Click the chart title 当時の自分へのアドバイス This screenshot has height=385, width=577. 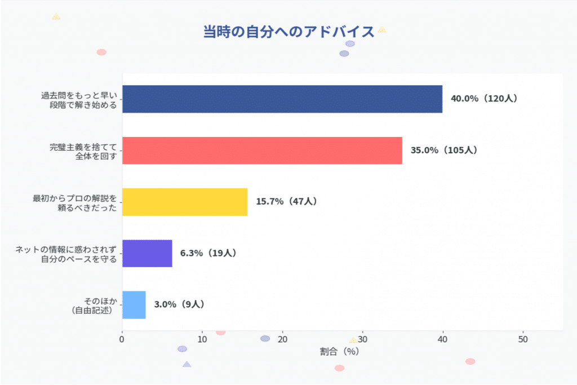click(288, 32)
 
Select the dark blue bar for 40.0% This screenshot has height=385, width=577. click(282, 99)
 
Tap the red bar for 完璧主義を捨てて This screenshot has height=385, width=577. click(262, 151)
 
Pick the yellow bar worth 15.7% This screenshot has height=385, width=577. click(185, 202)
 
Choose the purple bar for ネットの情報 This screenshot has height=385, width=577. click(147, 253)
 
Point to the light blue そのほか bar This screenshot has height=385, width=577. click(134, 304)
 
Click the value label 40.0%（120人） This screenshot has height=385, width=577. click(483, 99)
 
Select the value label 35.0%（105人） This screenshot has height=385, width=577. click(443, 151)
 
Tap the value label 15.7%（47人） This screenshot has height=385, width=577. click(286, 202)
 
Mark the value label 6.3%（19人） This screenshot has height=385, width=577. click(208, 253)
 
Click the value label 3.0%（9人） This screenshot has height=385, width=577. click(179, 304)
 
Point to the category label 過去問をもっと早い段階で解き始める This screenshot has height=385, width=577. click(79, 99)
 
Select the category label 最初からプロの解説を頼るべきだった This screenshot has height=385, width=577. click(75, 202)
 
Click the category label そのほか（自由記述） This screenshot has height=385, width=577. click(93, 305)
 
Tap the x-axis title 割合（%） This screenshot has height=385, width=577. click(339, 352)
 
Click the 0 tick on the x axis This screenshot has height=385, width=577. click(122, 339)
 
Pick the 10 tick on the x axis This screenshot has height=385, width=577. click(202, 339)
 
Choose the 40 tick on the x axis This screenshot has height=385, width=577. click(443, 339)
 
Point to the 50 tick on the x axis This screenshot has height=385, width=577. click(523, 339)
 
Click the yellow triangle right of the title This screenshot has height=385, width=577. click(381, 29)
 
